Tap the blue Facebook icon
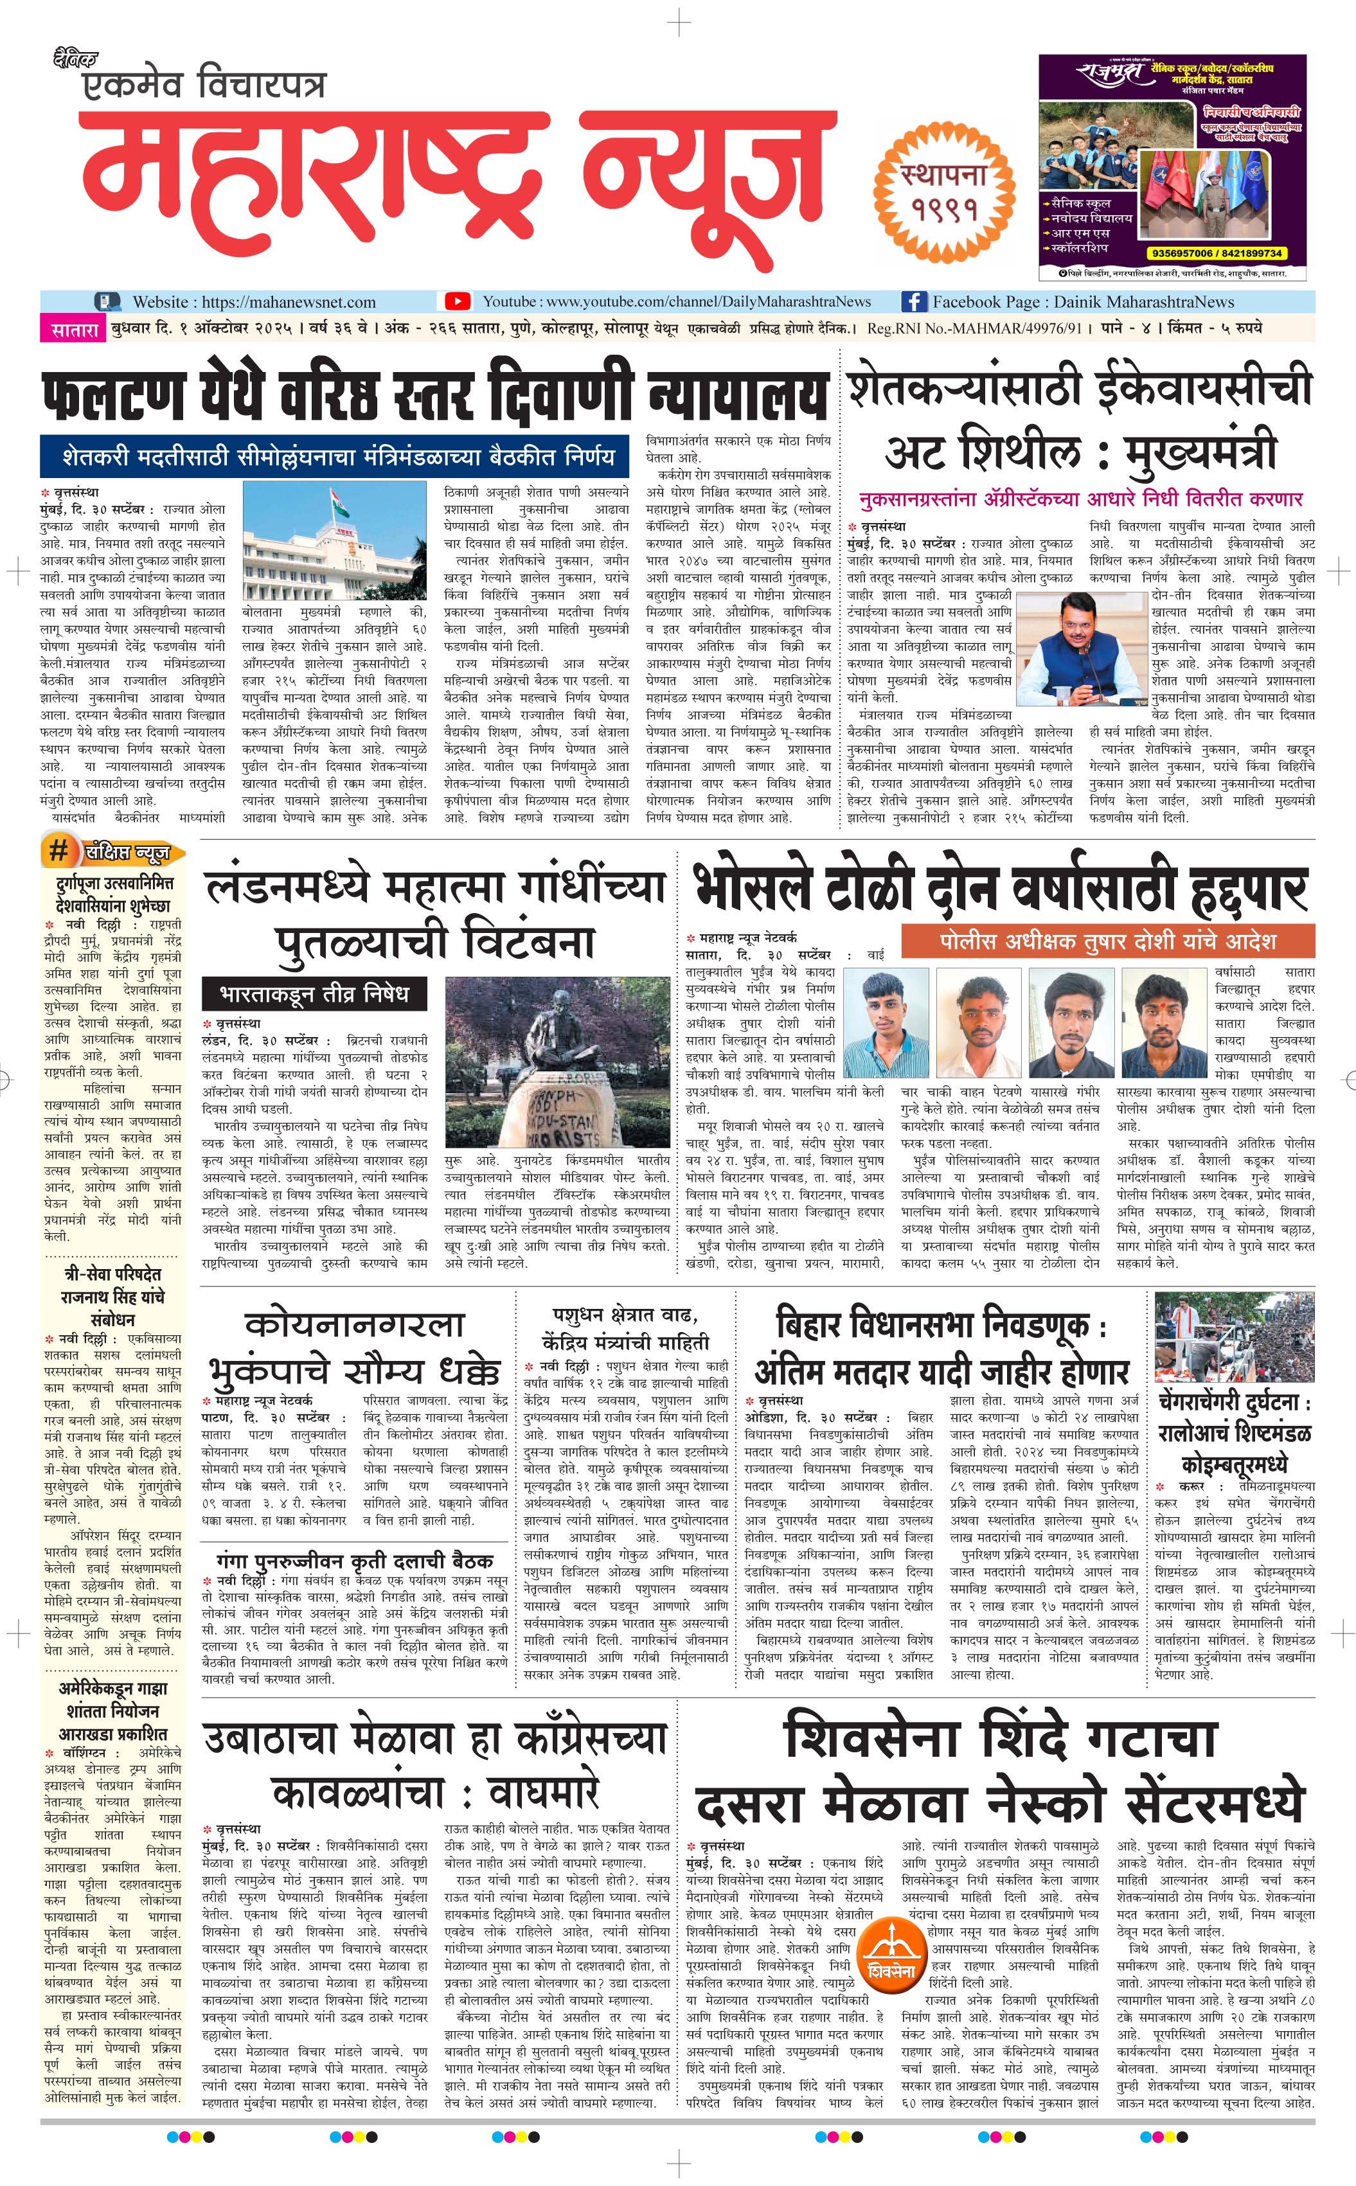pyautogui.click(x=913, y=301)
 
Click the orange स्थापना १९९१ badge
pyautogui.click(x=944, y=191)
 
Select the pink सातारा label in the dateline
pyautogui.click(x=73, y=329)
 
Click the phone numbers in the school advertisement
pyautogui.click(x=1216, y=253)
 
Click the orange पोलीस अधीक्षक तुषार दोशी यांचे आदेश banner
pyautogui.click(x=1107, y=941)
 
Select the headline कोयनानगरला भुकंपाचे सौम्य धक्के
pyautogui.click(x=354, y=1349)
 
